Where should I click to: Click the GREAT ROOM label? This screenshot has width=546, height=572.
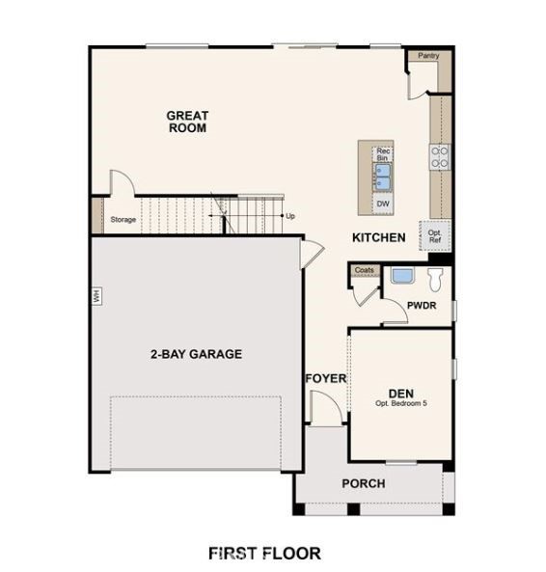click(187, 122)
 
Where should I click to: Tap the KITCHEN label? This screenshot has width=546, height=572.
click(378, 237)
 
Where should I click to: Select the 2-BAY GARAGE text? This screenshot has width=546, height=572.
click(196, 354)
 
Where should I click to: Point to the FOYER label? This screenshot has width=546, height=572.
click(325, 378)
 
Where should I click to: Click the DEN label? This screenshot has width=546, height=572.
click(401, 393)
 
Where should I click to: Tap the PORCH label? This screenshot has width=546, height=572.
click(364, 483)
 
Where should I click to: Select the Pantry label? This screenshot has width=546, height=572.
click(428, 56)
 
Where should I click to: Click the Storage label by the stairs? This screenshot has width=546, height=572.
click(123, 220)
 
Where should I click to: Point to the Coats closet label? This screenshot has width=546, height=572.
click(364, 270)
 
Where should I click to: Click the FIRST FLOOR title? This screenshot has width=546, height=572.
click(264, 553)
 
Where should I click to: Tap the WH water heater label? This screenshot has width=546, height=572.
click(96, 296)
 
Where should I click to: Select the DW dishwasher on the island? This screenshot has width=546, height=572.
click(383, 204)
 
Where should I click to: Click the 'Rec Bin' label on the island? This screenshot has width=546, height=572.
click(383, 154)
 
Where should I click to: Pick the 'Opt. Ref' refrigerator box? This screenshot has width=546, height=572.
click(435, 235)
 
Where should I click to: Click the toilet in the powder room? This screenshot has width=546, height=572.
click(435, 280)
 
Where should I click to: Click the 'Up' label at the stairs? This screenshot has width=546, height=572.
click(290, 216)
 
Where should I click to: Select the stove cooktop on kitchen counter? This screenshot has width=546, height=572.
click(440, 157)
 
